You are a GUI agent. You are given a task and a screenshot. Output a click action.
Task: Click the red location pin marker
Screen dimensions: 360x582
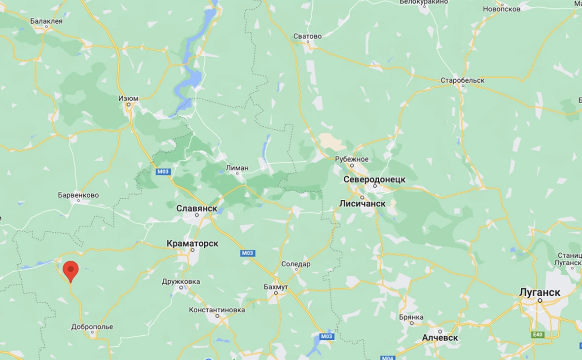coord(71,270)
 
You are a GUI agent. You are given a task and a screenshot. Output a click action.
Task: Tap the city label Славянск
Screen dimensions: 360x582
coord(197,209)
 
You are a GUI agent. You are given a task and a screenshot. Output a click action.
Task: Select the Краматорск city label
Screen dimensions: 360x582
coord(192,244)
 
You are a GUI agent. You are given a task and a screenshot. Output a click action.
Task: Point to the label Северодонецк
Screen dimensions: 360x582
coord(375,180)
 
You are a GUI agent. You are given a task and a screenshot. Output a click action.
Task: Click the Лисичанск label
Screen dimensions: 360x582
coord(362,203)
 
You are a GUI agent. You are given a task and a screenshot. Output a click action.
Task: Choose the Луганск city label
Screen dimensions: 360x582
coord(540,292)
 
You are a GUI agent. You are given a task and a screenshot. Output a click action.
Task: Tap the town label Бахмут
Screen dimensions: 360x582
coord(276,287)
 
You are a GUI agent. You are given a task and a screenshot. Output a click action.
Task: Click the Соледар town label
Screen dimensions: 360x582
coord(296,264)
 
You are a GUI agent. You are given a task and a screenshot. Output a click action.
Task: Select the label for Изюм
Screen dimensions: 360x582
coord(128,98)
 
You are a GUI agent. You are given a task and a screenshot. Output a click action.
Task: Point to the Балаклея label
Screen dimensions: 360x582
coord(46,21)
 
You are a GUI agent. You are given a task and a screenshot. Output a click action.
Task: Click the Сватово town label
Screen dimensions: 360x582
coord(307,36)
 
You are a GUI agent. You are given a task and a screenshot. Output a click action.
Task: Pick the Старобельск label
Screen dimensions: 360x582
coord(462,80)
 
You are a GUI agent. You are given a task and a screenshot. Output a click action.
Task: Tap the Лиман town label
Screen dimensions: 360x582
coord(237,168)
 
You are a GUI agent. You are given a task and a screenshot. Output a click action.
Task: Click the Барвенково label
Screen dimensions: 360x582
coord(78,195)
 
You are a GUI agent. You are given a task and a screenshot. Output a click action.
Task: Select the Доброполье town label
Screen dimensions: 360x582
coord(92,327)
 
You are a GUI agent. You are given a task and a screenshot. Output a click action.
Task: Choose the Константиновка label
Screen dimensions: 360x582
coord(217,310)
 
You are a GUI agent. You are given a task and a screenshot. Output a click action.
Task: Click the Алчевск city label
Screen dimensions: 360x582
coord(440,338)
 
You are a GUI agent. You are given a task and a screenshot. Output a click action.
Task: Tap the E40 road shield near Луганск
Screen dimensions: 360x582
coord(538,335)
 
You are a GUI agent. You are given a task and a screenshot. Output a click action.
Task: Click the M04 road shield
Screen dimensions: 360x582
coord(388,357)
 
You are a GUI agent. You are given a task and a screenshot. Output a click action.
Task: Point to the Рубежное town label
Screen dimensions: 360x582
coord(352,159)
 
